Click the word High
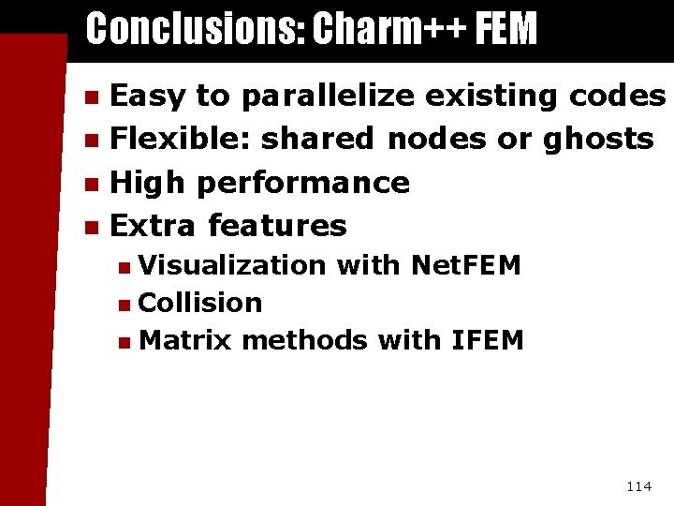tap(149, 182)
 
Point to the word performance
tap(303, 182)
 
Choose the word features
tap(277, 225)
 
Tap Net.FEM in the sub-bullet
tap(465, 266)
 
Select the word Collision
tap(199, 303)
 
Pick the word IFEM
tap(487, 339)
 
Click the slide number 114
tap(638, 485)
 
